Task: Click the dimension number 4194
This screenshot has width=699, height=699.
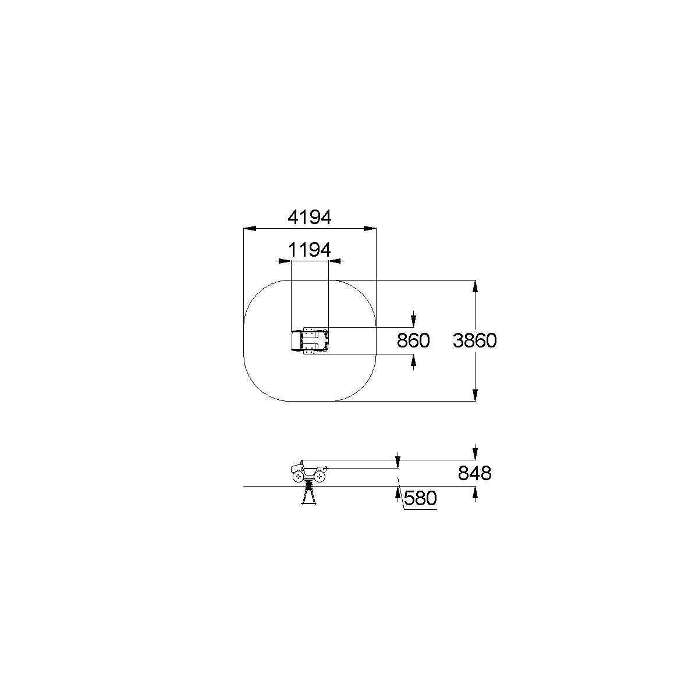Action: (x=310, y=218)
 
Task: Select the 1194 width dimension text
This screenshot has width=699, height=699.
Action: (x=310, y=250)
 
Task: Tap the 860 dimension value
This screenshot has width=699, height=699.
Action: (x=413, y=340)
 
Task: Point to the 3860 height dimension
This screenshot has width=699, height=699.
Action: (x=474, y=340)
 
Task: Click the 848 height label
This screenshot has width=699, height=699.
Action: (x=474, y=473)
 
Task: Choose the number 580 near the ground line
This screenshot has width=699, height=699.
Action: (x=420, y=498)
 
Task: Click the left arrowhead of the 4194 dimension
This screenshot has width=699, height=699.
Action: (x=250, y=229)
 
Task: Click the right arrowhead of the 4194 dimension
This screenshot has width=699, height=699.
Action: (x=370, y=229)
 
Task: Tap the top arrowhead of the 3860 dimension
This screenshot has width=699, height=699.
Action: (x=475, y=286)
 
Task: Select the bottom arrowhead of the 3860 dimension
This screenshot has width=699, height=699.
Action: (x=475, y=395)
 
